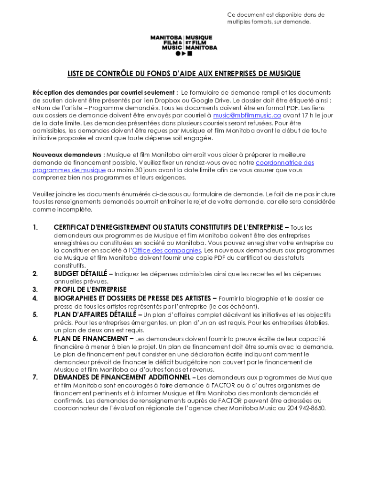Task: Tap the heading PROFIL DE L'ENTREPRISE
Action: (x=90, y=290)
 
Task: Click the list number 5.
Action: (x=35, y=314)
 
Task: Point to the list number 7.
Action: (x=35, y=378)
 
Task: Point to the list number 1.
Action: (x=35, y=227)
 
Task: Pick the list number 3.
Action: (x=35, y=290)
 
